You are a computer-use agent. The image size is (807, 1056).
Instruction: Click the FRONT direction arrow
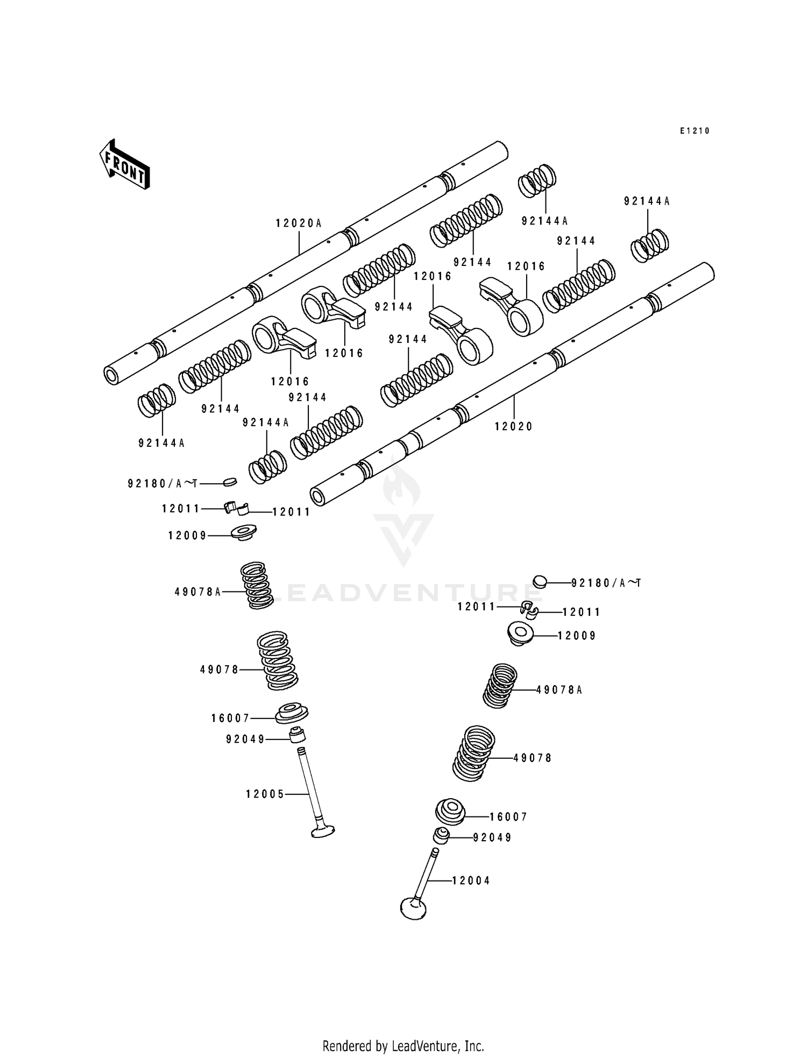pyautogui.click(x=124, y=164)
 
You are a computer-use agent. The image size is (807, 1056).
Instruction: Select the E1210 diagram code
pyautogui.click(x=695, y=131)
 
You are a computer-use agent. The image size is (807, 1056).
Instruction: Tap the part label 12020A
pyautogui.click(x=299, y=223)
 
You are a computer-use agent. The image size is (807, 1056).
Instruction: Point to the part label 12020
pyautogui.click(x=514, y=426)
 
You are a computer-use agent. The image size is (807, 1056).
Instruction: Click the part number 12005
pyautogui.click(x=265, y=794)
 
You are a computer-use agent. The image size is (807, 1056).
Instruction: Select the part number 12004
pyautogui.click(x=471, y=881)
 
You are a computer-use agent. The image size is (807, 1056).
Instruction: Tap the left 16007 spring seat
pyautogui.click(x=292, y=714)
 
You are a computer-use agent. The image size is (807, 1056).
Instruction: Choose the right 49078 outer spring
pyautogui.click(x=473, y=753)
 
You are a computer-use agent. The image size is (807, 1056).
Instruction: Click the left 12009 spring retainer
pyautogui.click(x=243, y=532)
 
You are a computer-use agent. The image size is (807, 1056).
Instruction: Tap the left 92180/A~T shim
pyautogui.click(x=230, y=481)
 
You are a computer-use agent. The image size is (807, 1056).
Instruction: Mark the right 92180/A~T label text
pyautogui.click(x=606, y=583)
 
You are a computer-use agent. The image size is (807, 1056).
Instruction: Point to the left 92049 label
pyautogui.click(x=245, y=740)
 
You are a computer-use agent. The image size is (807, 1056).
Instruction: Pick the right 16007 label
pyautogui.click(x=508, y=816)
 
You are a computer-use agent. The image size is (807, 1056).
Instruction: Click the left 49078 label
pyautogui.click(x=219, y=670)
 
